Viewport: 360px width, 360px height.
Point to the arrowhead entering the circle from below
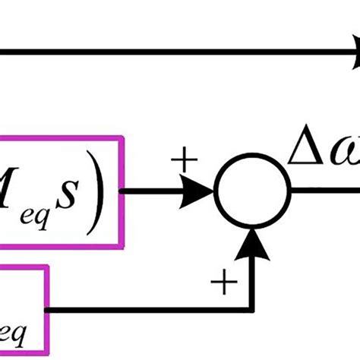tap(254, 242)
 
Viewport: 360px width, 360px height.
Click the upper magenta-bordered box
tap(61, 191)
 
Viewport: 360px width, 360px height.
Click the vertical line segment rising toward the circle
tap(254, 277)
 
